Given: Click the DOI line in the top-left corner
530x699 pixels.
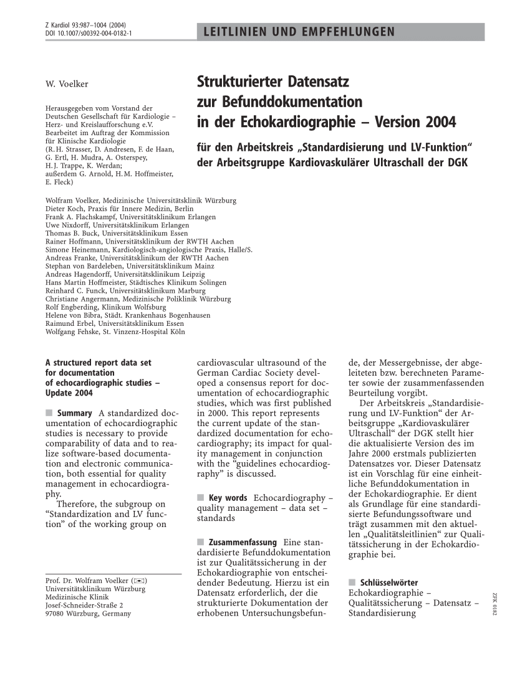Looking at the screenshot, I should coord(88,32).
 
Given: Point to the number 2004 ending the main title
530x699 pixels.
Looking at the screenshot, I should coord(437,121).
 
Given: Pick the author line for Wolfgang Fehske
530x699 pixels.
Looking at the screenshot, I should coord(115,331).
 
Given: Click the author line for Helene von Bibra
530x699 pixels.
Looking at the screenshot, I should coord(128,315).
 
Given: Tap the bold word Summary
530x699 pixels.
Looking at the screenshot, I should coord(75,413).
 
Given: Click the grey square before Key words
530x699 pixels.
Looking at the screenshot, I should coord(201,498).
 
